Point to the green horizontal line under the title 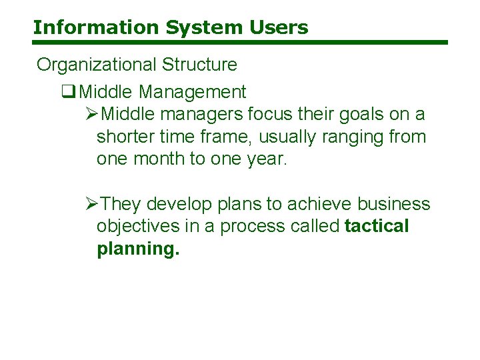[x=240, y=43]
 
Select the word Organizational [x=95, y=65]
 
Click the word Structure [x=197, y=65]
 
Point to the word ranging [x=355, y=137]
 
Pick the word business [x=394, y=204]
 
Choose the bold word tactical [x=377, y=227]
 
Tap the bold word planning [x=137, y=249]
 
